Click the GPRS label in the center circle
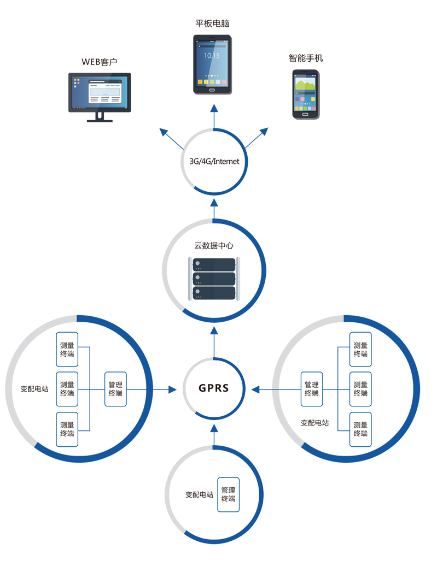click(214, 389)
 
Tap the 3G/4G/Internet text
click(214, 161)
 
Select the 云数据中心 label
click(214, 246)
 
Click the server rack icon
click(214, 279)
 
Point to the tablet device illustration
click(212, 64)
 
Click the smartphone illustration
click(305, 94)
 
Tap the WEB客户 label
click(100, 62)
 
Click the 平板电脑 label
click(212, 23)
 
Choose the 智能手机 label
click(306, 58)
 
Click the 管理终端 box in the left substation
click(115, 389)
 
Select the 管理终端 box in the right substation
click(312, 389)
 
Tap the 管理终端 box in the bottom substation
click(228, 494)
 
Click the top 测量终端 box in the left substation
click(67, 350)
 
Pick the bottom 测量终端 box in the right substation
click(360, 429)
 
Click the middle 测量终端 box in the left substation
click(67, 389)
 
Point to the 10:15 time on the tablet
click(212, 56)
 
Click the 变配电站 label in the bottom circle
click(199, 495)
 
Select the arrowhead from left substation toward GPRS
click(172, 389)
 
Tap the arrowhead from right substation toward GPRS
click(255, 389)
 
